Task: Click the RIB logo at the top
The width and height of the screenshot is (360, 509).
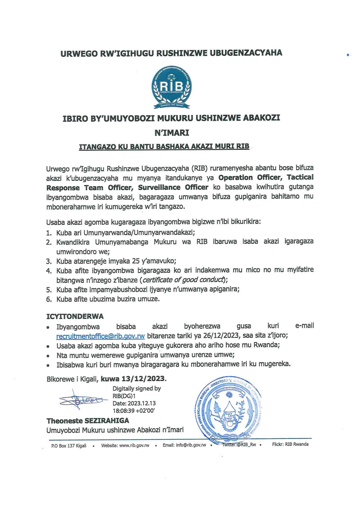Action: click(171, 87)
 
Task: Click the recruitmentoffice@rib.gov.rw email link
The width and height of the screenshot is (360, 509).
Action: click(101, 336)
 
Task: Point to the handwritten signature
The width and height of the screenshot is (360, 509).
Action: click(82, 400)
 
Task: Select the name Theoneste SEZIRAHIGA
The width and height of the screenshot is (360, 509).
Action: click(88, 421)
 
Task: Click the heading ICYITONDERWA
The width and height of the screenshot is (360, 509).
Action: click(75, 316)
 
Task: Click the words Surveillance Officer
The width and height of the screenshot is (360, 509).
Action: click(173, 187)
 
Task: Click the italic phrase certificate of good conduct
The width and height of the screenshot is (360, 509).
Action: click(183, 280)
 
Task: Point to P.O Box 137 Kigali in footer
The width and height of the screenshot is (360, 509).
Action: click(69, 446)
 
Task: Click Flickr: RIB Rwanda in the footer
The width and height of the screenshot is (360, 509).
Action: click(290, 444)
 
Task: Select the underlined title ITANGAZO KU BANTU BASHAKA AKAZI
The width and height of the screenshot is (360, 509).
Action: click(164, 146)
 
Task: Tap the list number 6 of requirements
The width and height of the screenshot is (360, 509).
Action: click(48, 299)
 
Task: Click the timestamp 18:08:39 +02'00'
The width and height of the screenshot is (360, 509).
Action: click(134, 411)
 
